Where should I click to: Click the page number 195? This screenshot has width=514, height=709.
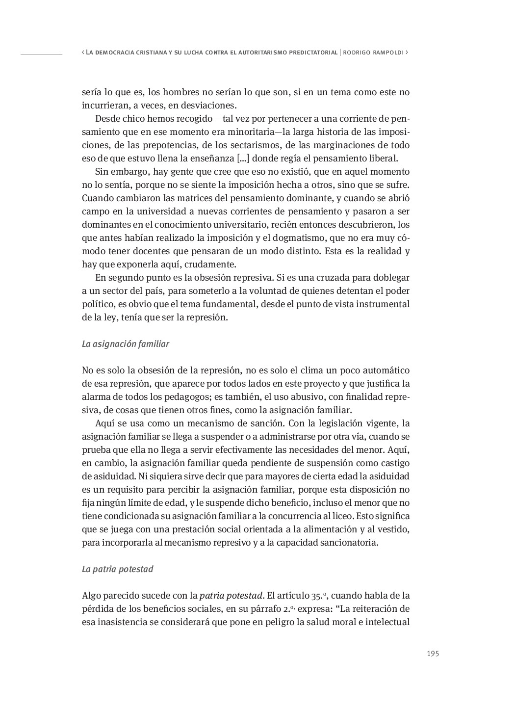tap(433, 654)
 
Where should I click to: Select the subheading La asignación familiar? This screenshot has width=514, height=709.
tap(125, 344)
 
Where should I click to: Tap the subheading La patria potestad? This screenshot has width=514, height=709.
tap(117, 569)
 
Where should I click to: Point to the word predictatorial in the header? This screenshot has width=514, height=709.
tap(312, 53)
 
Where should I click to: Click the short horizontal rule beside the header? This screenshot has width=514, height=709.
tap(41, 53)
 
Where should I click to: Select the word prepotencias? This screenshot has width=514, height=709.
tap(172, 145)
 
